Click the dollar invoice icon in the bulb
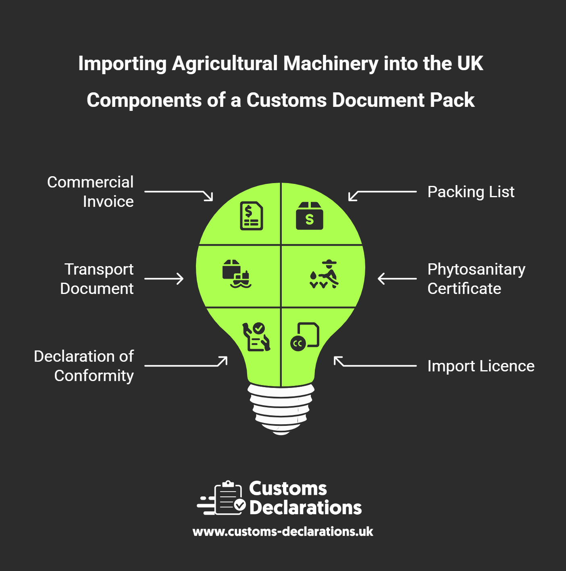coord(251,216)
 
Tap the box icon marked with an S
coord(309,216)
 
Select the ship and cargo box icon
coord(237,274)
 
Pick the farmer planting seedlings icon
coord(324,274)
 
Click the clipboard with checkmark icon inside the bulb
coord(256,337)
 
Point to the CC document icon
coord(305,337)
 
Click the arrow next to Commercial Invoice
coord(179,196)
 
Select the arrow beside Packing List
coord(382,196)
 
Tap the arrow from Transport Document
coord(164,279)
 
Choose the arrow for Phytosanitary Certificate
coord(397,279)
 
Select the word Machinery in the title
coord(331,64)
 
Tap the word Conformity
coord(94,376)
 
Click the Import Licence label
coord(481,366)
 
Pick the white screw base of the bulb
coord(281,409)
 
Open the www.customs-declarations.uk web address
coord(283,531)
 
